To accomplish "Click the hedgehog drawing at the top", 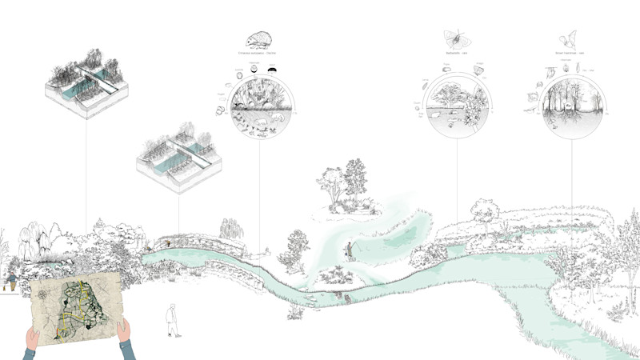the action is tap(258, 41).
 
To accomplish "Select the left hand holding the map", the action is tap(30, 342).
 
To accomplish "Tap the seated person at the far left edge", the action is tap(11, 282).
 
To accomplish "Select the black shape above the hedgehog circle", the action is tap(274, 70).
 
